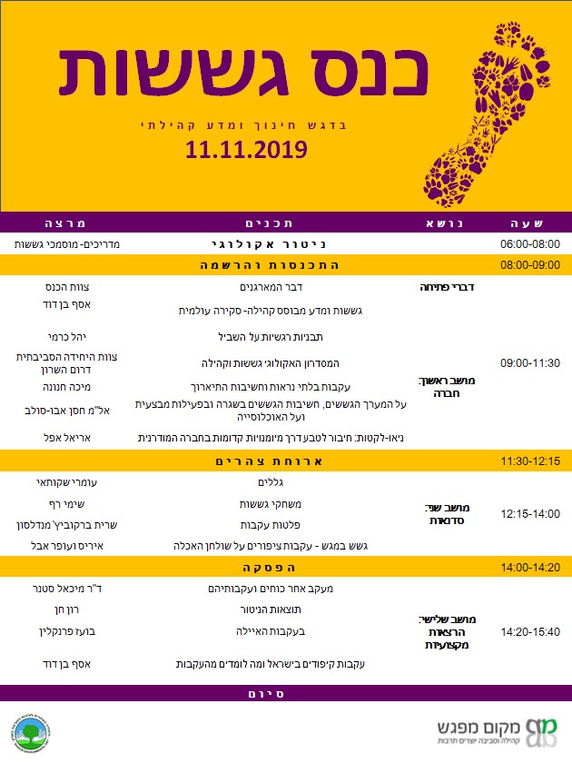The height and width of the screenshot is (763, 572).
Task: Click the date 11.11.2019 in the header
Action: [x=246, y=151]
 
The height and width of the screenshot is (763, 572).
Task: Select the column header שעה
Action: [x=530, y=223]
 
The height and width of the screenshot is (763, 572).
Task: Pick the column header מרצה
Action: [x=70, y=223]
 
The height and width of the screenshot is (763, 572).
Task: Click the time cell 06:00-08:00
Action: [x=530, y=244]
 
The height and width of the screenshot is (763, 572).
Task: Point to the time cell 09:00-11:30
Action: [x=530, y=362]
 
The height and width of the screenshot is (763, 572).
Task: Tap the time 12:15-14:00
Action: [x=530, y=514]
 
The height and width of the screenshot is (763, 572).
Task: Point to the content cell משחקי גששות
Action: [x=260, y=503]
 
